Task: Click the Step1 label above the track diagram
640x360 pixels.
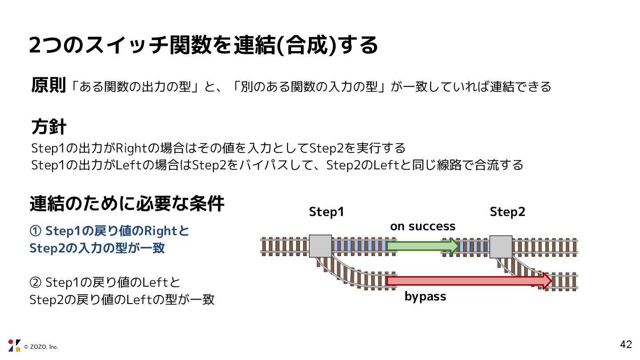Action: pyautogui.click(x=326, y=212)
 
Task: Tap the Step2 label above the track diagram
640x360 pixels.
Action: pyautogui.click(x=507, y=212)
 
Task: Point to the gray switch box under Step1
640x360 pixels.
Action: pyautogui.click(x=320, y=246)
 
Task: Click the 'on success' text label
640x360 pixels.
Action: pyautogui.click(x=422, y=226)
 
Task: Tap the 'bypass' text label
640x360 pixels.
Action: pyautogui.click(x=425, y=296)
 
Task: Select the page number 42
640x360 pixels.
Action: pyautogui.click(x=626, y=344)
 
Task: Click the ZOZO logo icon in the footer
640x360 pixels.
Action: pyautogui.click(x=14, y=345)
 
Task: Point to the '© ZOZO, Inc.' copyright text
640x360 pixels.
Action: pyautogui.click(x=41, y=347)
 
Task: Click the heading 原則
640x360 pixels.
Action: pyautogui.click(x=48, y=85)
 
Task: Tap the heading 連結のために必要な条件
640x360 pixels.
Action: pyautogui.click(x=127, y=204)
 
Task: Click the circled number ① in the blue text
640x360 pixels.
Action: pyautogui.click(x=35, y=231)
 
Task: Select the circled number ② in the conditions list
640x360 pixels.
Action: pyautogui.click(x=35, y=282)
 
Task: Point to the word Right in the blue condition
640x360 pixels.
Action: pyautogui.click(x=162, y=231)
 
